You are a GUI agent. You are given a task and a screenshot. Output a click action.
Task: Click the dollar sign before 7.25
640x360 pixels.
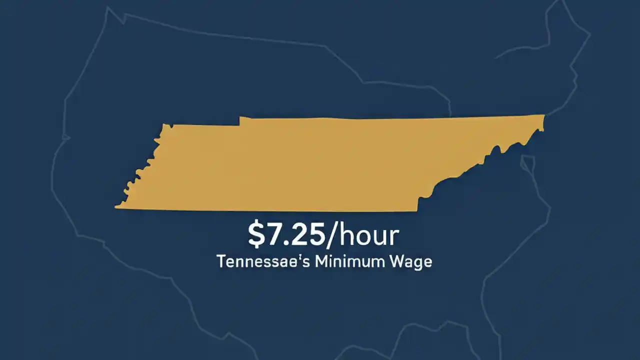(x=256, y=236)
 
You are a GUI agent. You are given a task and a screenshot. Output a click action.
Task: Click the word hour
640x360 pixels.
(x=368, y=236)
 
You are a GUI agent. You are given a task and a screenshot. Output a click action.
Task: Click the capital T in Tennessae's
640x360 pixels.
(x=220, y=262)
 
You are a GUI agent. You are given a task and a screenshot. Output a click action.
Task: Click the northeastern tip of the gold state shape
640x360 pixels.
(x=543, y=116)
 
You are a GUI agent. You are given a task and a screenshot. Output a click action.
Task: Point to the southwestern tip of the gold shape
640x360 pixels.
(x=116, y=206)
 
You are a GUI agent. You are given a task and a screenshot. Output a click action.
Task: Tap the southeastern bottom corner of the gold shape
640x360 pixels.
(x=417, y=210)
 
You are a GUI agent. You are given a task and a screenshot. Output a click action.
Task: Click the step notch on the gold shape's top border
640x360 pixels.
(x=240, y=120)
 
